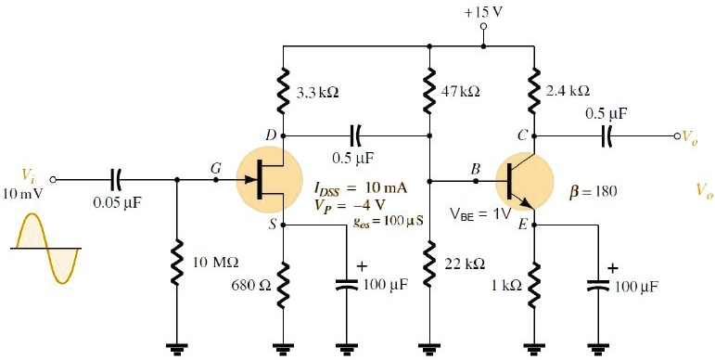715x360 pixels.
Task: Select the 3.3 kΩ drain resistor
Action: tap(282, 93)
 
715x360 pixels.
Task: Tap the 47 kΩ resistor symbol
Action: tap(429, 93)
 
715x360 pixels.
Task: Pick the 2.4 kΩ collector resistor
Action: tap(535, 92)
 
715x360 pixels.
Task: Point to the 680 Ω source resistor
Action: tap(282, 283)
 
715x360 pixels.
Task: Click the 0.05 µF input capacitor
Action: tap(116, 178)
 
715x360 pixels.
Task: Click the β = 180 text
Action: tap(591, 193)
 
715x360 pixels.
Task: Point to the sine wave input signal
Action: tap(45, 248)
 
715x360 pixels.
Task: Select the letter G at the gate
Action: tap(216, 167)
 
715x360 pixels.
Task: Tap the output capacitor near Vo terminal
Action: tap(607, 135)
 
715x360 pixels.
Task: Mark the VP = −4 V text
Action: tap(343, 206)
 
